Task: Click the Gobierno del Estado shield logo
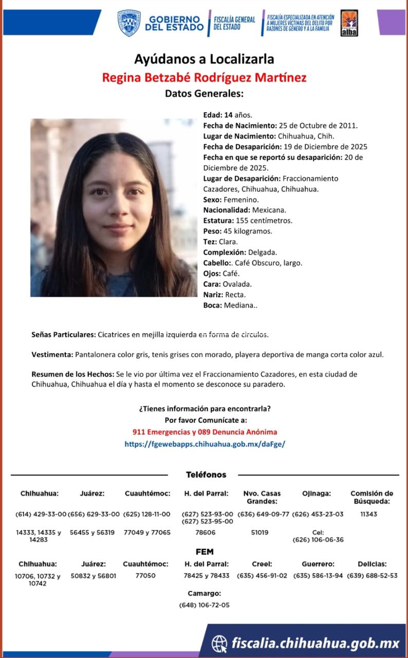(128, 23)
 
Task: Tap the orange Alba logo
(349, 23)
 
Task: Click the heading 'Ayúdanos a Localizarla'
(204, 59)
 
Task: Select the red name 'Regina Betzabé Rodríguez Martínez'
(204, 78)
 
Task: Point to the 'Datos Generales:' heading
(204, 94)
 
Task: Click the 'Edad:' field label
(213, 115)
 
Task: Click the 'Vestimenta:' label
(52, 355)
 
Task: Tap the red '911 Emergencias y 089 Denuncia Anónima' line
(205, 432)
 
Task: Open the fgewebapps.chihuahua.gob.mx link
(205, 443)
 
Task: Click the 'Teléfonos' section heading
(206, 475)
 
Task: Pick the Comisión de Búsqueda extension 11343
(368, 514)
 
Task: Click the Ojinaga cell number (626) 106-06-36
(318, 540)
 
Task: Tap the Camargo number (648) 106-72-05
(204, 605)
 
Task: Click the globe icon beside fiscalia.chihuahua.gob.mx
(219, 643)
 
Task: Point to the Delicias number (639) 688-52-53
(372, 576)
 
